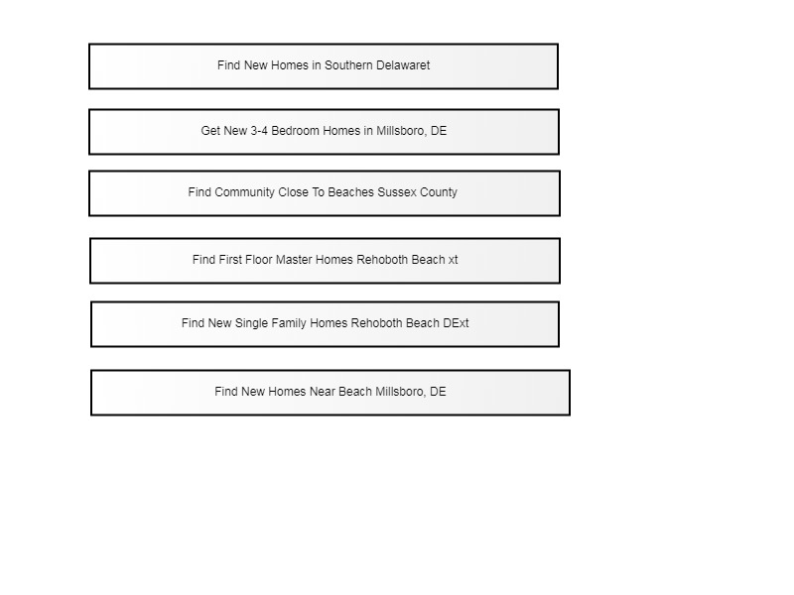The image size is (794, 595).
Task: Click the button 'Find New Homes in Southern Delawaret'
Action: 324,66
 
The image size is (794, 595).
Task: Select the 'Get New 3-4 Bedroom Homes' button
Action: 325,132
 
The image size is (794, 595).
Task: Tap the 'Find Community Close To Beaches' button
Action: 325,193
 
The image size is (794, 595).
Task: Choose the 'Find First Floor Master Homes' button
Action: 326,261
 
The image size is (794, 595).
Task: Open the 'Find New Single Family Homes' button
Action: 326,324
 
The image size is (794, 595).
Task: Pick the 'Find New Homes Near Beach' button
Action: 331,393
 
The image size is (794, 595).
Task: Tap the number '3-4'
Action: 259,131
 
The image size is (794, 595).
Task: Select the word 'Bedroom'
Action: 296,131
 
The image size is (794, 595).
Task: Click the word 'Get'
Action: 210,131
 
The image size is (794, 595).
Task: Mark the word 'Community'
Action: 244,192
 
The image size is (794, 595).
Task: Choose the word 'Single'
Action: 252,323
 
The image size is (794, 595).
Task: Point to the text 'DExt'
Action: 456,323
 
